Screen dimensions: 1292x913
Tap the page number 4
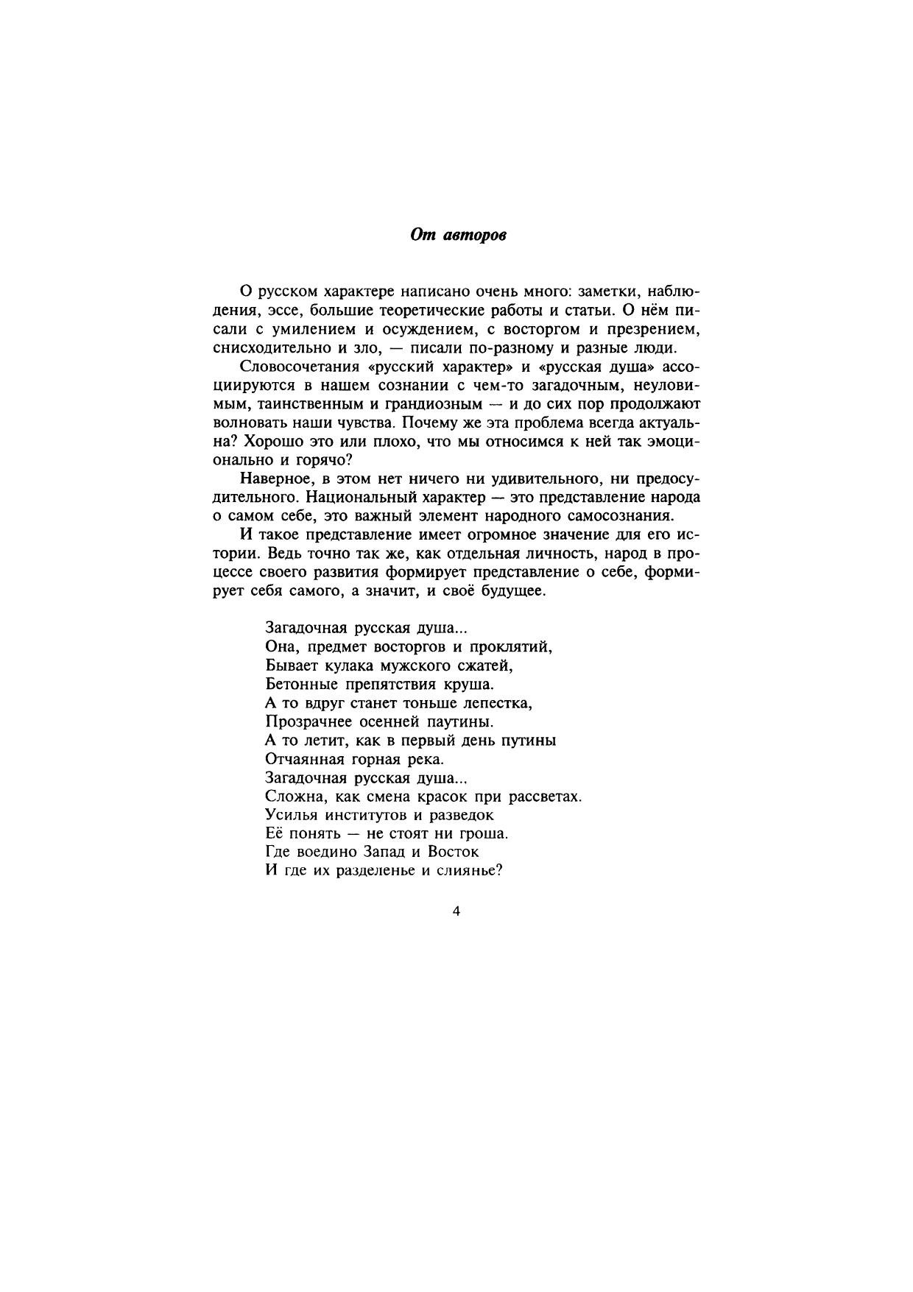(456, 911)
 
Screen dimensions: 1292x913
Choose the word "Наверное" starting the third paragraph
(272, 479)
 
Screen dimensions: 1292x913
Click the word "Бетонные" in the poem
(297, 685)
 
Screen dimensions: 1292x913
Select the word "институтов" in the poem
(364, 815)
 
